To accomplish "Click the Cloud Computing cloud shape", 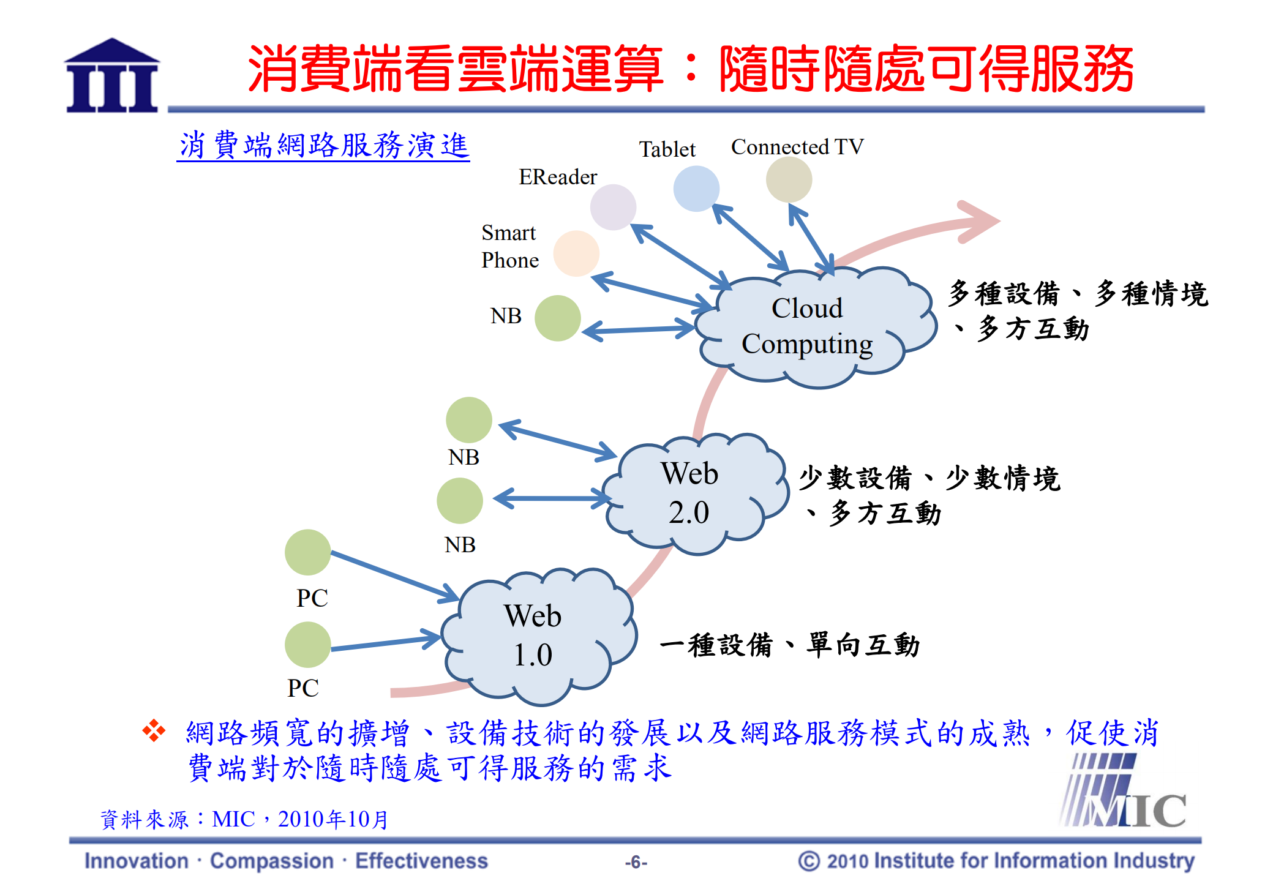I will [814, 328].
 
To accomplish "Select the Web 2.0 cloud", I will [692, 493].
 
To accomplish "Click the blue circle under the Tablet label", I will [696, 189].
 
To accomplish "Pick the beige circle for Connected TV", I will [789, 179].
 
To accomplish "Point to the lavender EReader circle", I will [613, 207].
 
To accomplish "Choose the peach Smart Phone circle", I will [576, 253].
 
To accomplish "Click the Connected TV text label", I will [797, 147].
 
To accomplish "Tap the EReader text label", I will [557, 177].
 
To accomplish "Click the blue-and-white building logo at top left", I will [112, 76].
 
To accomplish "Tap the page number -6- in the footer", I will [636, 862].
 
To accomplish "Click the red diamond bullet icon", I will [154, 730].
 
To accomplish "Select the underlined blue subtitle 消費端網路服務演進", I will [323, 146].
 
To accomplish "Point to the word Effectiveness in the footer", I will [421, 861].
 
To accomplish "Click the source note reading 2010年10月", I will [333, 819].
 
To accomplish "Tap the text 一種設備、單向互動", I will [789, 645].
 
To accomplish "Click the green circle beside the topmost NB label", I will [557, 318].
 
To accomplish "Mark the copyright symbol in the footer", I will [808, 861].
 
